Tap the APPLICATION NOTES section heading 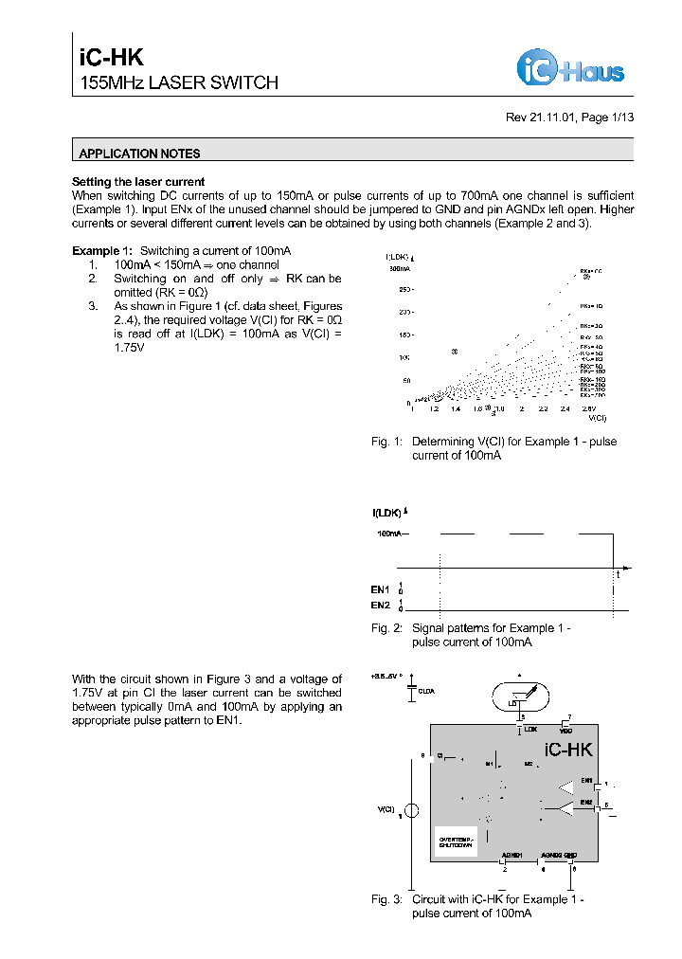click(139, 154)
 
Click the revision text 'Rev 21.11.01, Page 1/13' click(569, 118)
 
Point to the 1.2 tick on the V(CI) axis click(435, 409)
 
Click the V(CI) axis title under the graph click(597, 417)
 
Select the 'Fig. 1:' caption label click(386, 442)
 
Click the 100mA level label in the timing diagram click(392, 534)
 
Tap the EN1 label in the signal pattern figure click(380, 589)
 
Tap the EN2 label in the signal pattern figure click(380, 605)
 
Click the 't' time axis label click(618, 575)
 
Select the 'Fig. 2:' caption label click(386, 627)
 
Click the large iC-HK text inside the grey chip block click(568, 750)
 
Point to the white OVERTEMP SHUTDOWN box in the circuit click(455, 841)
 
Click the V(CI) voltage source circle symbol click(411, 811)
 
